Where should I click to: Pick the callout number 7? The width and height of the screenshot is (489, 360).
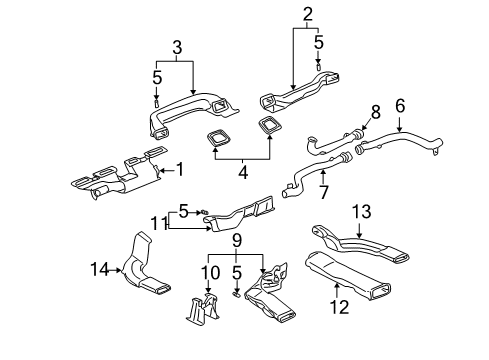[x=322, y=190]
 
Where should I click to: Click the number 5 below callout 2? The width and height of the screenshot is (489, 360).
[x=319, y=44]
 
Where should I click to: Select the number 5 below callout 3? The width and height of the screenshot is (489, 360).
[x=157, y=77]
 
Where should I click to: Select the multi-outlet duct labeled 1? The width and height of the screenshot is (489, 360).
[x=115, y=176]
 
